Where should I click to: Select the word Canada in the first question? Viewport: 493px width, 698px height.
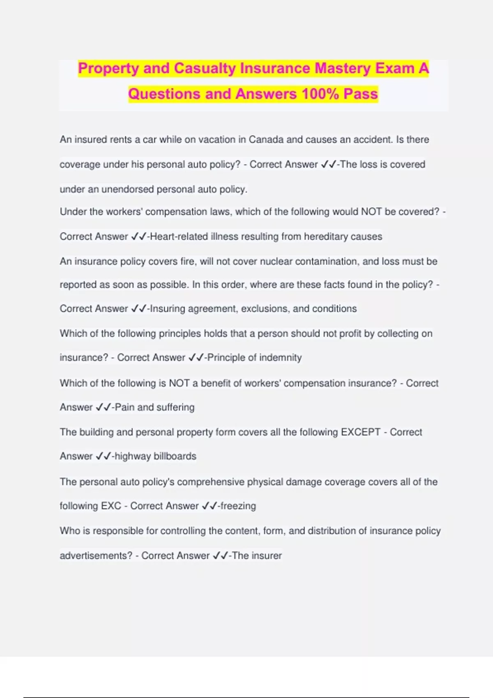click(x=266, y=140)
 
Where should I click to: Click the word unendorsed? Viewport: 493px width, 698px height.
click(x=127, y=189)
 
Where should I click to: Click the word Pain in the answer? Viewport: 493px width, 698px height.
click(x=124, y=407)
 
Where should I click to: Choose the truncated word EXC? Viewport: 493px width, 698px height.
click(x=111, y=506)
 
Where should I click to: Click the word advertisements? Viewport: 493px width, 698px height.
click(x=96, y=556)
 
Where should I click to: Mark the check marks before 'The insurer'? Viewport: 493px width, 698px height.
click(x=220, y=556)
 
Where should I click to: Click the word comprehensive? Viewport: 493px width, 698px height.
click(x=210, y=482)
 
